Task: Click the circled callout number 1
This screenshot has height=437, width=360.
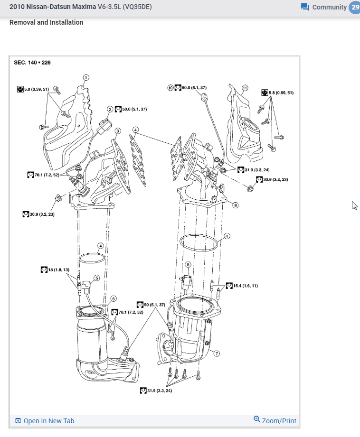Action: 86,77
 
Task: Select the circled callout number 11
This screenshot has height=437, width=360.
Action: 245,88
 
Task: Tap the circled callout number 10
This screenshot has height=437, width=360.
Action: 171,88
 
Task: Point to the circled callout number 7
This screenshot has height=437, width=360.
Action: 217,353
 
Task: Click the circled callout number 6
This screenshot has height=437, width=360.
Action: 113,299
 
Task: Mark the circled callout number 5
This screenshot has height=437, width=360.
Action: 96,279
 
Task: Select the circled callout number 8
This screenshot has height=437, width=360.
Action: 188,264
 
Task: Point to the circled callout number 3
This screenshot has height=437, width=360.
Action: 117,130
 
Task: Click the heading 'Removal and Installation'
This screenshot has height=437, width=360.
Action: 46,22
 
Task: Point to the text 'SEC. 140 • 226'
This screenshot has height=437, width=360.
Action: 32,62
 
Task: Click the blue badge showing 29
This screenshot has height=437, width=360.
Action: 355,7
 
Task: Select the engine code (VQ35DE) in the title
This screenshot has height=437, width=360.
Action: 137,7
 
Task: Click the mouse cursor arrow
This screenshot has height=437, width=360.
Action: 354,205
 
